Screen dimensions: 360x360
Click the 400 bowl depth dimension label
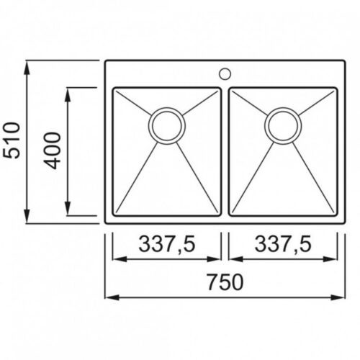pos(52,150)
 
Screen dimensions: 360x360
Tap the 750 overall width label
pos(225,282)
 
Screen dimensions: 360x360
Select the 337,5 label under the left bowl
pos(167,243)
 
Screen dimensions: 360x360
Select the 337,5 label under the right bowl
pos(283,243)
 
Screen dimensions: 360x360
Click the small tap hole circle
pos(225,73)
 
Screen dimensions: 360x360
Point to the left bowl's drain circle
pos(167,125)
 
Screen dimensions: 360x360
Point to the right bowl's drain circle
pos(283,125)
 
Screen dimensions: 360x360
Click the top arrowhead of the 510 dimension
pos(27,68)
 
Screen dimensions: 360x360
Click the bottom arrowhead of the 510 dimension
pos(27,216)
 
